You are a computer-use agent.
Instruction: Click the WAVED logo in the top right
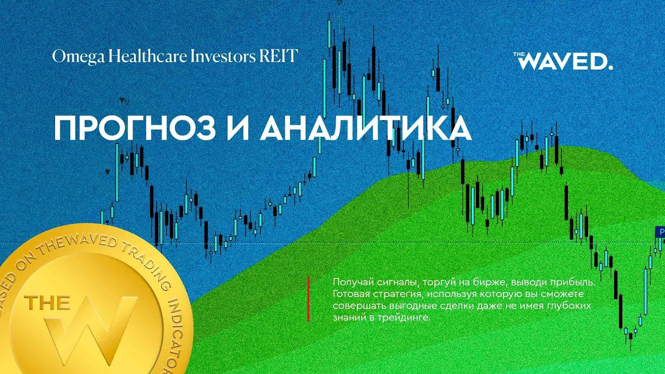coord(566,62)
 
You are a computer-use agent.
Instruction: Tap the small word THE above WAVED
coord(520,54)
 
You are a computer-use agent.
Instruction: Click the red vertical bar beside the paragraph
coord(309,299)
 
